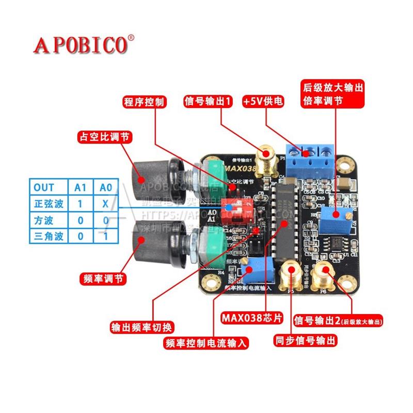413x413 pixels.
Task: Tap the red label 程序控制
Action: (144, 102)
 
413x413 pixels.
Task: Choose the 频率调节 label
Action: (103, 278)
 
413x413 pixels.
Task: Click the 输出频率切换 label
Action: (142, 326)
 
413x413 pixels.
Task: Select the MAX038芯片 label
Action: (252, 316)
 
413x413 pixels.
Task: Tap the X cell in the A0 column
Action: (105, 203)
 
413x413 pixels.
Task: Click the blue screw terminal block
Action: (310, 156)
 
